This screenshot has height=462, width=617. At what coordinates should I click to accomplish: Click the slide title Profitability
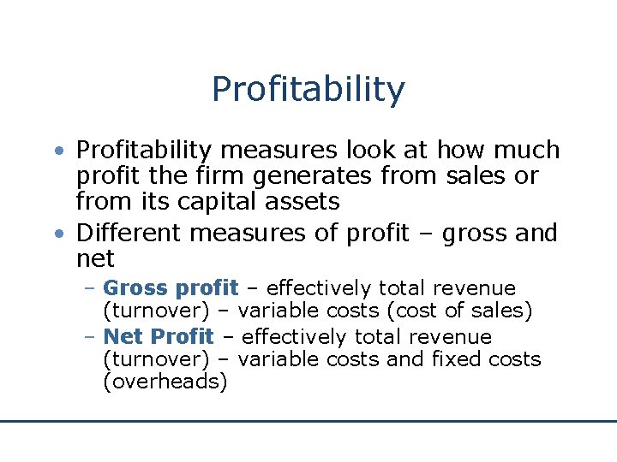coord(308,89)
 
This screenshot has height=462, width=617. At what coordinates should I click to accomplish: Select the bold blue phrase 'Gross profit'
coord(170,288)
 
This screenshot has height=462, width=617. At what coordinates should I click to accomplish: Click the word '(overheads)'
coord(165,382)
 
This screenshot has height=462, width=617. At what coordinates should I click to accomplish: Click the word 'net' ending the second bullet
coord(94,258)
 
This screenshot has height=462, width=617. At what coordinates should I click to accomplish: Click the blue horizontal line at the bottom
coord(308,421)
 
